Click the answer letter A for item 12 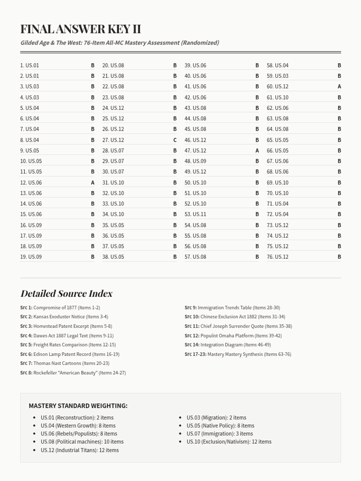[93, 182]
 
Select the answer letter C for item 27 [175, 140]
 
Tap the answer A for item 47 [257, 150]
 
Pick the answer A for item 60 [339, 87]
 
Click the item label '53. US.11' [195, 214]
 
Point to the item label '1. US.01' [29, 65]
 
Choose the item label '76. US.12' [277, 257]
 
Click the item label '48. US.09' [195, 161]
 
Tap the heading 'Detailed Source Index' [66, 293]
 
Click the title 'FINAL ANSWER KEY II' [81, 29]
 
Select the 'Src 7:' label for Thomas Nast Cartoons [26, 363]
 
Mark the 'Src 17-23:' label [196, 354]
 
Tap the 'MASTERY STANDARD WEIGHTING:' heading [78, 406]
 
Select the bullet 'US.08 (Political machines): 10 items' [82, 442]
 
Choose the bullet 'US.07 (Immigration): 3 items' [220, 434]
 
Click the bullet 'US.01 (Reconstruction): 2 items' [77, 418]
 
